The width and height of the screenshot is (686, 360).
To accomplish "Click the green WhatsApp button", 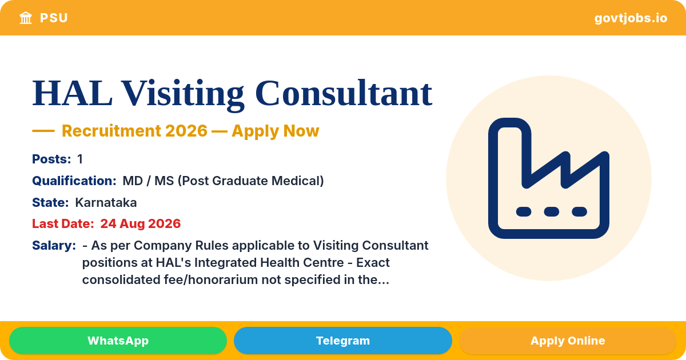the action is (x=118, y=341).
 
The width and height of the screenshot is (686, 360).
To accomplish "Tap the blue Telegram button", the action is (x=342, y=341).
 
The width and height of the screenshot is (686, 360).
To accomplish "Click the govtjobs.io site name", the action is (x=631, y=18).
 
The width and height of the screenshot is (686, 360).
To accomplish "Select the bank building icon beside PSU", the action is (x=26, y=18).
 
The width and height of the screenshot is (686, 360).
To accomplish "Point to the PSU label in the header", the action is (x=54, y=18).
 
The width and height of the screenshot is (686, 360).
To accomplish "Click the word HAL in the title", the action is (x=72, y=93).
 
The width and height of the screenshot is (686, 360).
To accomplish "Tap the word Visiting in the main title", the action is (x=182, y=95).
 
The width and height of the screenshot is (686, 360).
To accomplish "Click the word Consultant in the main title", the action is (x=344, y=93).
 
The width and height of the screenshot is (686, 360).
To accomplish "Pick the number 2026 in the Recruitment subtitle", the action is (x=186, y=131).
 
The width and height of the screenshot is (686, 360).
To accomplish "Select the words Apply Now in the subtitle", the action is (x=276, y=131).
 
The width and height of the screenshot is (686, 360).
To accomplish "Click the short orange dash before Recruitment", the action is (x=43, y=131).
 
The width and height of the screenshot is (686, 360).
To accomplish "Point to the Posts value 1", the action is (x=80, y=159).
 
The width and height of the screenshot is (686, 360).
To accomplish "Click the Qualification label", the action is (x=74, y=181).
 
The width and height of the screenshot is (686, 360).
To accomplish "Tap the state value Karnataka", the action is (x=106, y=203).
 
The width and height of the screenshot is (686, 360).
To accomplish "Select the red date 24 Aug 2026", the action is (x=141, y=224).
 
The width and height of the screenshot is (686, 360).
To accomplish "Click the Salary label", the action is (x=54, y=246).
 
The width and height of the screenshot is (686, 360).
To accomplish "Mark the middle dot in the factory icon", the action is (x=552, y=211).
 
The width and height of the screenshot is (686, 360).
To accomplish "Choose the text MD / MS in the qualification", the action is (x=148, y=181).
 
